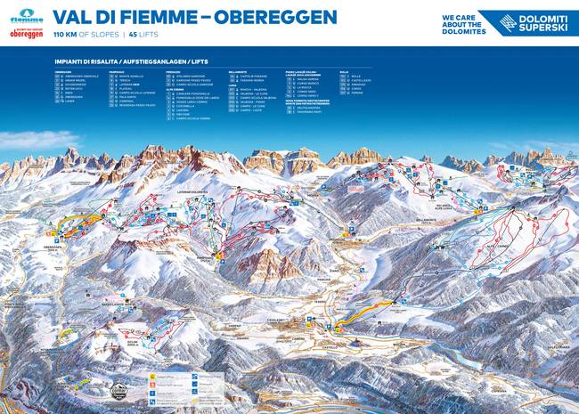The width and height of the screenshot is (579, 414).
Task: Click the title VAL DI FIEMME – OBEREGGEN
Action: (195, 17)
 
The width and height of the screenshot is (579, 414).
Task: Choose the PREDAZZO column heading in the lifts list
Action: (173, 71)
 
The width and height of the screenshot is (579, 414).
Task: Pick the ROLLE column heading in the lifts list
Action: (344, 71)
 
